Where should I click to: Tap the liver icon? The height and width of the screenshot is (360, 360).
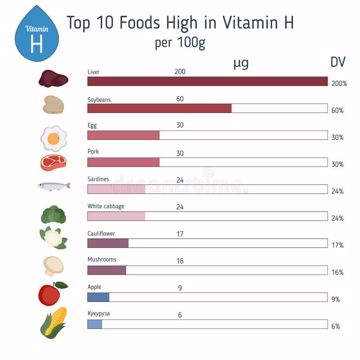tap(53, 79)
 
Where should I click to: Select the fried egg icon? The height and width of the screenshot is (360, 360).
tap(54, 138)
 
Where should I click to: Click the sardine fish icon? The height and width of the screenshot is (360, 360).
tap(54, 185)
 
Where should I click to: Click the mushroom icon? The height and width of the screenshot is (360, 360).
tap(54, 265)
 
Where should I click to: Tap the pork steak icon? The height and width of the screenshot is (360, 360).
tap(54, 162)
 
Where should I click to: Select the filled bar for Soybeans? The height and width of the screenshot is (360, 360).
tap(159, 108)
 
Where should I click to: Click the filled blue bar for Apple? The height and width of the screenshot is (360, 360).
tap(98, 297)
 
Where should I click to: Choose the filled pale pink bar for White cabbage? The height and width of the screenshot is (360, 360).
tap(116, 216)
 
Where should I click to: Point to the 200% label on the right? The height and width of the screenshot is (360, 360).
tap(339, 84)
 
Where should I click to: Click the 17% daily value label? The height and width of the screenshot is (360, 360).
tap(337, 245)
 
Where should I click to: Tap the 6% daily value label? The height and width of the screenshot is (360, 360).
tap(336, 326)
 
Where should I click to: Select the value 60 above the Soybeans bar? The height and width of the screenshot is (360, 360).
tap(180, 99)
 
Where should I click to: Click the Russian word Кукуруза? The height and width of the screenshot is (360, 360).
tap(99, 314)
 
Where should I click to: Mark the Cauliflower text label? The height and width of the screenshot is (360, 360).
tap(101, 234)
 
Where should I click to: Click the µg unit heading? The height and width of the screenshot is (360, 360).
tap(241, 63)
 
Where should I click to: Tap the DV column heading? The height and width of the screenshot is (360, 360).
tap(338, 63)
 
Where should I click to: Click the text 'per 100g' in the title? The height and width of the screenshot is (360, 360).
tap(180, 43)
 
